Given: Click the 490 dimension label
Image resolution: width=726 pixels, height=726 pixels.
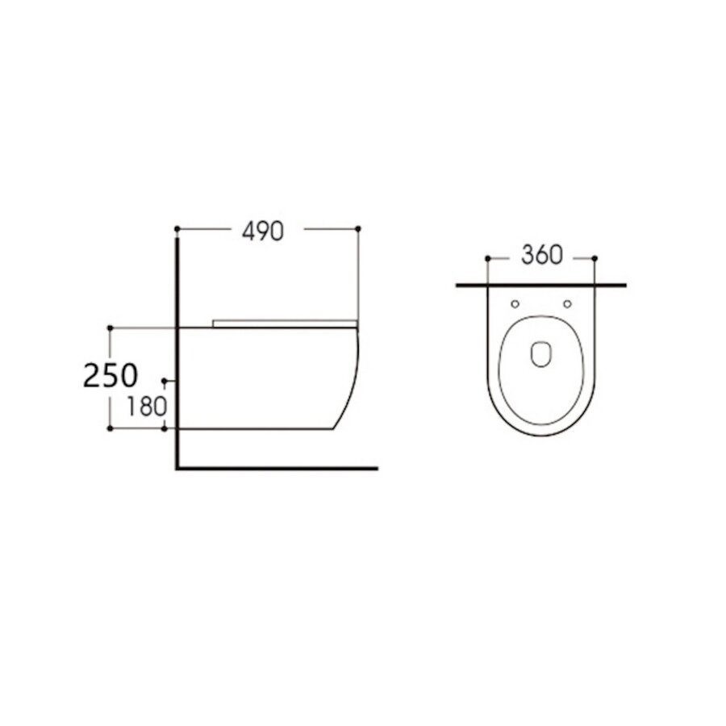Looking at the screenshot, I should [x=263, y=231].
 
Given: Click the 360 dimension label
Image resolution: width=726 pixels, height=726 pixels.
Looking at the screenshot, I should [x=540, y=256].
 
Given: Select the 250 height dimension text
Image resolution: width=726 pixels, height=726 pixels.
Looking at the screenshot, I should [x=111, y=376].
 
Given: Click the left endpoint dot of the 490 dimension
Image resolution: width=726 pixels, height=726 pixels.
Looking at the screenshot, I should [x=177, y=229].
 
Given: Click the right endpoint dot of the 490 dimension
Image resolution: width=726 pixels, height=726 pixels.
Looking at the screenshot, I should [x=357, y=229].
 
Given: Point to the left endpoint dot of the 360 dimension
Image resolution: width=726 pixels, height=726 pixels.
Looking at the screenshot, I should [x=487, y=258].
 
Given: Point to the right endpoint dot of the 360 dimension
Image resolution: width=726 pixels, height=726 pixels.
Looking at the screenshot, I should [x=595, y=258].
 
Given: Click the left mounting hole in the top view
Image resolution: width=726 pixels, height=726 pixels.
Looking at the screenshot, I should [x=515, y=304].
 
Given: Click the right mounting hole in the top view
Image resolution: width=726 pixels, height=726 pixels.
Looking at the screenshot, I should [x=567, y=304].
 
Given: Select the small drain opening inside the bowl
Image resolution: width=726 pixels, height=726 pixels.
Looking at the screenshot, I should [x=540, y=353].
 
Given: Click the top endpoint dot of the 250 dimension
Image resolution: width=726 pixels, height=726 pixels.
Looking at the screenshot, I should [x=110, y=328].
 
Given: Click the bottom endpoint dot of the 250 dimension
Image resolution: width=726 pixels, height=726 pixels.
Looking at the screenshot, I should [x=110, y=428].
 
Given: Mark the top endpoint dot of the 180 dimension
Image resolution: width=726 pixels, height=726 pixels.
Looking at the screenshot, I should [x=165, y=379].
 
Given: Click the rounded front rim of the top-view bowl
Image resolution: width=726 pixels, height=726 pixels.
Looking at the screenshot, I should [x=540, y=433].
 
